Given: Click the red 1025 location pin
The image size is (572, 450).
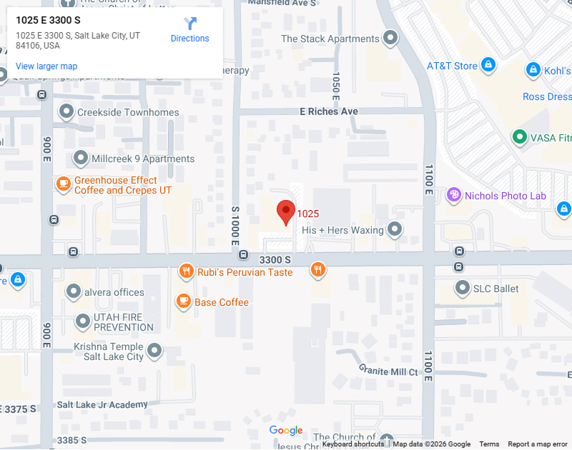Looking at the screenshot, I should (286, 211).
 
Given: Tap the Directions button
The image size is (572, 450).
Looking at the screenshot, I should (189, 30).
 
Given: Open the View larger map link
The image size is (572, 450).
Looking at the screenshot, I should (46, 66).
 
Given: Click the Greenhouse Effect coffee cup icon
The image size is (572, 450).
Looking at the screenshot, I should (64, 184).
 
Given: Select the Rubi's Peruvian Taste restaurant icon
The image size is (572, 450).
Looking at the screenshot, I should (186, 271).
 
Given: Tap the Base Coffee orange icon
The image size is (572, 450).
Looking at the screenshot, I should (184, 301).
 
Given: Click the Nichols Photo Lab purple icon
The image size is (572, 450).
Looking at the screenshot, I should (453, 194).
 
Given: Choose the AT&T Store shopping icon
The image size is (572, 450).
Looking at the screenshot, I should (488, 65).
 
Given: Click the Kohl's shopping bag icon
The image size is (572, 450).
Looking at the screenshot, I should (533, 70).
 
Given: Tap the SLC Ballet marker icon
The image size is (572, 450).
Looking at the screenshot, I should (463, 289).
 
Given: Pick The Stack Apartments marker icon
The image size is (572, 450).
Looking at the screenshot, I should (390, 37).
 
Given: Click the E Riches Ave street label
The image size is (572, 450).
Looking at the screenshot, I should (329, 111).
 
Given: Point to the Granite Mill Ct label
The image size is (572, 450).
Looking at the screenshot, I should (388, 371).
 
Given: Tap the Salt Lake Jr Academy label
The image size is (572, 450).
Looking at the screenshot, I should (102, 404).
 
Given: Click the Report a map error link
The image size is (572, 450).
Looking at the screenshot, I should (537, 444).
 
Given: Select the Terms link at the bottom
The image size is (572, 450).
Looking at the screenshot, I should (489, 444).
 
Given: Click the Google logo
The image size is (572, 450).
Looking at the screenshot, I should (286, 430).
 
